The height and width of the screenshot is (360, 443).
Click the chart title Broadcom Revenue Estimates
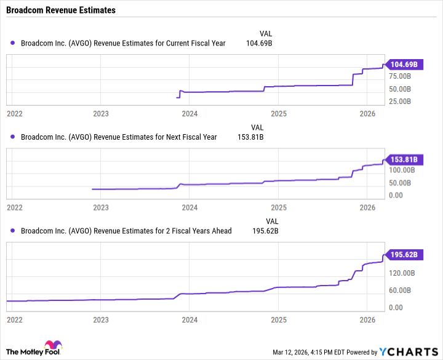point(58,10)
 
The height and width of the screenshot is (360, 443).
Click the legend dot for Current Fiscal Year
point(13,43)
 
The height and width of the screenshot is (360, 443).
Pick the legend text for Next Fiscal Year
point(119,137)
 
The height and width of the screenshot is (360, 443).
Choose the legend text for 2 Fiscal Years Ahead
point(126,231)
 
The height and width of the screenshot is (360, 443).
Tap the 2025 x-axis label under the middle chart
point(279,208)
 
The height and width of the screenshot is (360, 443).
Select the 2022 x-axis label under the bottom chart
point(14,320)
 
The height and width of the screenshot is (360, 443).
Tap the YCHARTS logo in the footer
point(408,352)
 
